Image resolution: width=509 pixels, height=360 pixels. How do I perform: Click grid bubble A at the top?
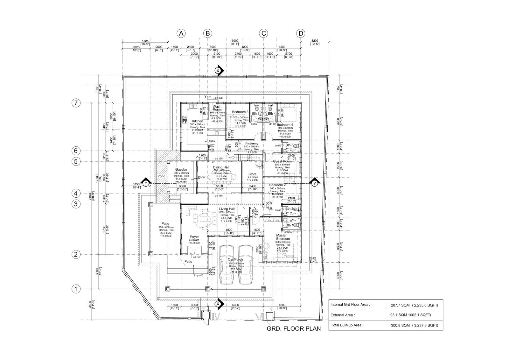pyautogui.click(x=181, y=33)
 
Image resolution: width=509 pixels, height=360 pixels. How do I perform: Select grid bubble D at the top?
pyautogui.click(x=300, y=33)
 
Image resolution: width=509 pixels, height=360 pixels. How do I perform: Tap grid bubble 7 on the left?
pyautogui.click(x=76, y=103)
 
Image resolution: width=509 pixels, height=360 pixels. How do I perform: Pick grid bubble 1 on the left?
pyautogui.click(x=76, y=289)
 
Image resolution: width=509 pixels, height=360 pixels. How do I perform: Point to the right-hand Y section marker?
pyautogui.click(x=314, y=183)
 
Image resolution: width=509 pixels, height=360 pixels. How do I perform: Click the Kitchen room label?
pyautogui.click(x=198, y=121)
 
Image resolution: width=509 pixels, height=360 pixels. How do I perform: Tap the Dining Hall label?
pyautogui.click(x=221, y=167)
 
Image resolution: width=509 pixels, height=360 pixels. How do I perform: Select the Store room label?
pyautogui.click(x=252, y=174)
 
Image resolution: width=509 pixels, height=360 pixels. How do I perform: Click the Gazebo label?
pyautogui.click(x=181, y=170)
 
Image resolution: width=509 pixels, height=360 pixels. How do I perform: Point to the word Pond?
pyautogui.click(x=161, y=176)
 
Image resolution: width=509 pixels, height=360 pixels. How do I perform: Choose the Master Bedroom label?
pyautogui.click(x=283, y=237)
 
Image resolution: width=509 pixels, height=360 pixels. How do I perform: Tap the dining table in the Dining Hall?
pyautogui.click(x=221, y=176)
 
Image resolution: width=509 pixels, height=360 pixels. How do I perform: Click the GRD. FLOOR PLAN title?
pyautogui.click(x=294, y=329)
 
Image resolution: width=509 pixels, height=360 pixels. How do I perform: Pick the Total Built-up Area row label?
pyautogui.click(x=347, y=325)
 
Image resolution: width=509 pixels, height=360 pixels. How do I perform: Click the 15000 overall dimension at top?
pyautogui.click(x=234, y=41)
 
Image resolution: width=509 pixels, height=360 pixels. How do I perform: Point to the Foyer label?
pyautogui.click(x=194, y=236)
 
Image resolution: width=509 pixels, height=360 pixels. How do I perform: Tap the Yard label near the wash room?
pyautogui.click(x=208, y=97)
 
